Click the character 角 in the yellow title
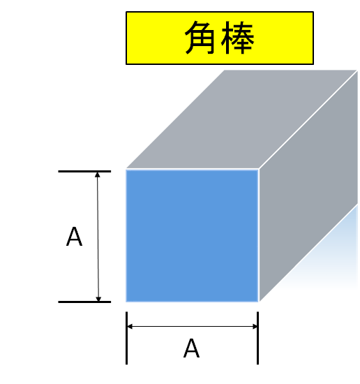[x=201, y=38]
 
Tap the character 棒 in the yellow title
[x=238, y=38]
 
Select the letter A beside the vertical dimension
[x=74, y=237]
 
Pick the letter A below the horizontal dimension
[x=191, y=348]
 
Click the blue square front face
[x=192, y=235]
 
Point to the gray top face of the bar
[x=241, y=119]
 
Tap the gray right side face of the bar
[x=308, y=186]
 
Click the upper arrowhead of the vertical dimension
[x=98, y=175]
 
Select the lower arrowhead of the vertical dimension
[x=98, y=299]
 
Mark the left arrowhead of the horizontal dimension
[x=130, y=326]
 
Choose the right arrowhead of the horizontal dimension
[x=255, y=326]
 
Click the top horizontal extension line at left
[x=84, y=172]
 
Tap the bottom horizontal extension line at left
[x=84, y=302]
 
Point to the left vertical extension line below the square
[x=126, y=338]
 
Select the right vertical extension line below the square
[x=257, y=338]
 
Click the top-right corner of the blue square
[x=258, y=170]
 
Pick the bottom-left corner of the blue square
[x=126, y=302]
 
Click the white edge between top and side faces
[x=308, y=120]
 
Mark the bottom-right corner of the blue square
[x=258, y=302]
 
